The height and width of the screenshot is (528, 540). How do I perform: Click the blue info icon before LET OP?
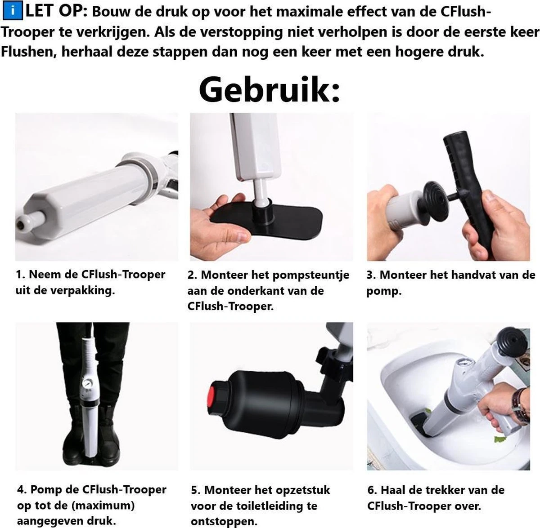[x=14, y=10]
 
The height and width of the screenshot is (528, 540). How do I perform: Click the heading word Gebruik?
[x=269, y=90]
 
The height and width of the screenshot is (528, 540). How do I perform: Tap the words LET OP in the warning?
[x=56, y=10]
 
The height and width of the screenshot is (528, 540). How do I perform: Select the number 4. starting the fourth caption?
[x=22, y=489]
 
